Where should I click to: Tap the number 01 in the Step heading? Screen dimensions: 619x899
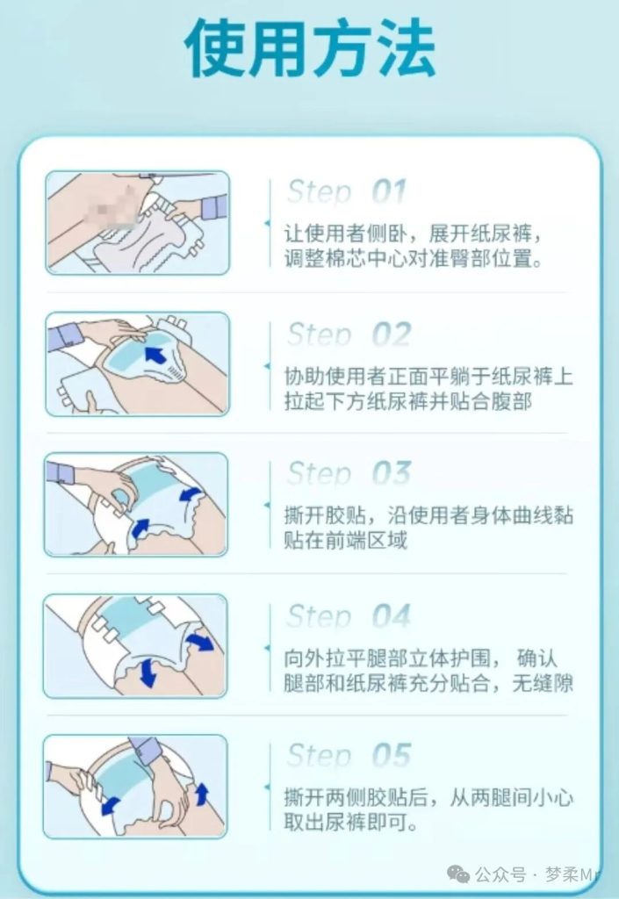(390, 191)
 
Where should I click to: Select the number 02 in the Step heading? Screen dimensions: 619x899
(392, 334)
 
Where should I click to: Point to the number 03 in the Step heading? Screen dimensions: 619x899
(392, 473)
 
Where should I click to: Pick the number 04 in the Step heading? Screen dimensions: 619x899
(392, 616)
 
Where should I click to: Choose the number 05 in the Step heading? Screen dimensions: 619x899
(392, 755)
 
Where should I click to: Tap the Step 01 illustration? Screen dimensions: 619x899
(138, 222)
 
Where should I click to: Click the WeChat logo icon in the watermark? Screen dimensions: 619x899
(458, 874)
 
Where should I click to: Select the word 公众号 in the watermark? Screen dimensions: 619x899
(500, 875)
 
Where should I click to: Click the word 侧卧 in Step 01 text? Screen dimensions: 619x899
(387, 234)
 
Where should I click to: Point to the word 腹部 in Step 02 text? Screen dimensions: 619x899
(511, 400)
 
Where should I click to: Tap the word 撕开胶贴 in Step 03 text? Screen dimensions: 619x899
(325, 514)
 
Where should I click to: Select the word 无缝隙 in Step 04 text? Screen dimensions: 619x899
(543, 683)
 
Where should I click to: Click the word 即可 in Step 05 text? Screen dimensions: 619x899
(387, 822)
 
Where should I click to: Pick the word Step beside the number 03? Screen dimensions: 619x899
(320, 473)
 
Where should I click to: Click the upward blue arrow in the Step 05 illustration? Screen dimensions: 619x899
(202, 795)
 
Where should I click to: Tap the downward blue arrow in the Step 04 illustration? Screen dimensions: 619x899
(148, 672)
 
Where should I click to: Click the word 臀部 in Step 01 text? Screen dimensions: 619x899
(470, 259)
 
